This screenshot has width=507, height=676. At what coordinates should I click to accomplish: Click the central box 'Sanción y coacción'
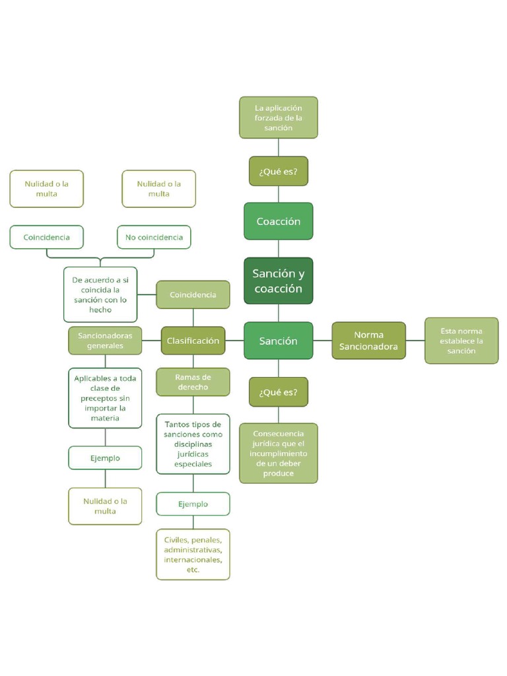coord(278,281)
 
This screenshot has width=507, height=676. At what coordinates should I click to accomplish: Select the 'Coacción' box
coord(278,221)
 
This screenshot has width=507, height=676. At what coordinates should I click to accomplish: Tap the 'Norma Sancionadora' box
coord(368,341)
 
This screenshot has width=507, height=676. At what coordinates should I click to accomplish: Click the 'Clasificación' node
coord(193,341)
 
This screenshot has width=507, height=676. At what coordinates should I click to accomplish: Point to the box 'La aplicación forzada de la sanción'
coord(278,118)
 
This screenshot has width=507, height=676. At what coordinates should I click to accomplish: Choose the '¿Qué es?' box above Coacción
coord(278,171)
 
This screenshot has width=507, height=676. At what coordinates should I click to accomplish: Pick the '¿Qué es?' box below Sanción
coord(278,392)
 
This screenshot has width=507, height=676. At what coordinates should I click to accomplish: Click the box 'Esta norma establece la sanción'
coord(461,341)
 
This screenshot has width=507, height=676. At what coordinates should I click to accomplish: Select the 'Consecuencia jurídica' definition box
coord(278,453)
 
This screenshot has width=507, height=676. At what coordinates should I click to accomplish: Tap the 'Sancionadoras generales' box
coord(105,341)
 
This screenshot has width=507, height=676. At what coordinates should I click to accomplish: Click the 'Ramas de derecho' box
coord(193,382)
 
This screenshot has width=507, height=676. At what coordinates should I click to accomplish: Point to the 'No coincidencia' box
coord(154,237)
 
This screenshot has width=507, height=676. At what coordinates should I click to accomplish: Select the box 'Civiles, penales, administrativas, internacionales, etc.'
coord(193,555)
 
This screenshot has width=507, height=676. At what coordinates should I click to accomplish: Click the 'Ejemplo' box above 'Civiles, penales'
coord(193,504)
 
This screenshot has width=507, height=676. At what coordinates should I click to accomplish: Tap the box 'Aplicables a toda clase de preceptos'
coord(105,398)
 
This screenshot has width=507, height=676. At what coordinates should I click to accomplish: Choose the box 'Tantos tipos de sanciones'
coord(193,444)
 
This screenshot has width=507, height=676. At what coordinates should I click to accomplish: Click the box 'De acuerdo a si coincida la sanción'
coord(100,294)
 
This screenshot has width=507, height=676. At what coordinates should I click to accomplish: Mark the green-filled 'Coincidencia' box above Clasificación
coord(193,294)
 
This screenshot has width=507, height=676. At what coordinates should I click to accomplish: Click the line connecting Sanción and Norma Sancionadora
coord(322,341)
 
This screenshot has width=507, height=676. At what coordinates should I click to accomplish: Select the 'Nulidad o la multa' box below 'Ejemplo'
coord(105,506)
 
